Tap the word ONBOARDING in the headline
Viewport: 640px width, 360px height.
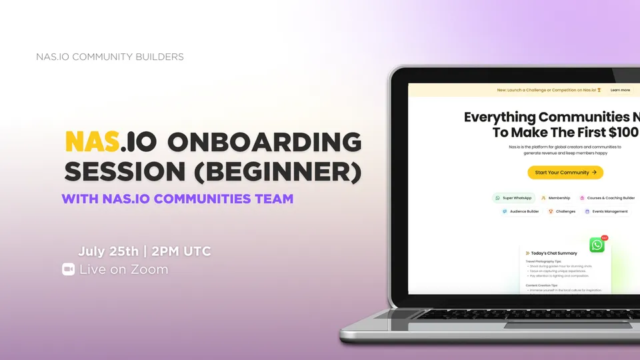point(264,142)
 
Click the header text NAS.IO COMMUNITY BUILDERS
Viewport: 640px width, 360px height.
point(110,57)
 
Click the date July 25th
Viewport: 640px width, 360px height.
point(109,251)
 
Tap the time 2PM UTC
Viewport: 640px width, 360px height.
point(181,251)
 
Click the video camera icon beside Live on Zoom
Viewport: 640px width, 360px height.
point(68,269)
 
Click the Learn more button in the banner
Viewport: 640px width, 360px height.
point(620,90)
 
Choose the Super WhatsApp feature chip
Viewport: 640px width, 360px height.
point(513,198)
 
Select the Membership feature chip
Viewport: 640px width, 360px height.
point(555,198)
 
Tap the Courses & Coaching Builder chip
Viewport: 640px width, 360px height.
point(606,198)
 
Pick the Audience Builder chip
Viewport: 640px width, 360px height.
point(521,211)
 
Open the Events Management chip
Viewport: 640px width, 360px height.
point(606,211)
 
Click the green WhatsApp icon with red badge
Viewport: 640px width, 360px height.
point(597,245)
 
